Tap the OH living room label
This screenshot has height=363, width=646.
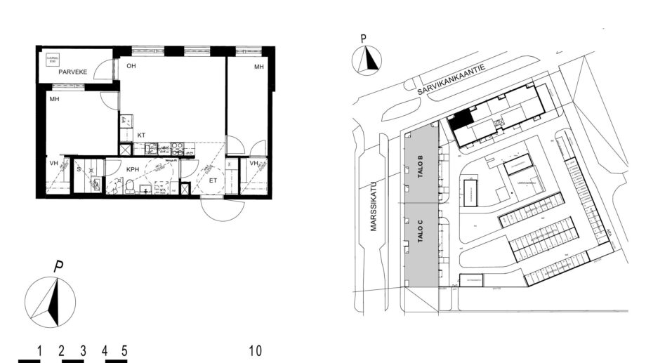tap(131, 66)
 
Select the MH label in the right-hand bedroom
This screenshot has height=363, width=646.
tap(258, 67)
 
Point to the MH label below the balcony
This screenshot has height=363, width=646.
tap(54, 100)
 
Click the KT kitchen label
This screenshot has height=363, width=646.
tap(141, 134)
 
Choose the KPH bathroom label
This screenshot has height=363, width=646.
tap(133, 170)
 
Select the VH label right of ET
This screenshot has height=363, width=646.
tap(253, 165)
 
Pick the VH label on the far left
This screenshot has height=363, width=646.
tap(53, 164)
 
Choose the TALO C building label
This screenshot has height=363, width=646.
tap(420, 231)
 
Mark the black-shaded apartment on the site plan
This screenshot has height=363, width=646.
tap(460, 120)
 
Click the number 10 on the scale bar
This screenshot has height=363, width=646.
tap(256, 350)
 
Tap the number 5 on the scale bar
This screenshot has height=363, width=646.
tap(124, 350)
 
